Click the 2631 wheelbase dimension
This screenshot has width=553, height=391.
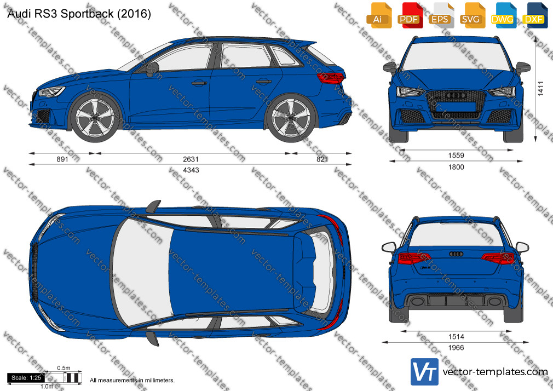click(191, 159)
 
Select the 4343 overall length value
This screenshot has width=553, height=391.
click(191, 170)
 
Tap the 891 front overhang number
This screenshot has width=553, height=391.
click(62, 159)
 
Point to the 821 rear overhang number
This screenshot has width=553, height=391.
click(322, 159)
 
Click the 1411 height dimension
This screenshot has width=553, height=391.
click(540, 89)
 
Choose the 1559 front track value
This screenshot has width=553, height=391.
click(456, 156)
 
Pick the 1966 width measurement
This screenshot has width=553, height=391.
click(456, 348)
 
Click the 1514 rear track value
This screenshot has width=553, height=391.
click(456, 337)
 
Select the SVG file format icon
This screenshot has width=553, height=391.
click(471, 15)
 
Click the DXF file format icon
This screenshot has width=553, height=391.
click(534, 15)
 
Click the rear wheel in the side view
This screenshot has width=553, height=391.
click(291, 118)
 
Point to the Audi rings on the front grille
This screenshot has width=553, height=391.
click(457, 95)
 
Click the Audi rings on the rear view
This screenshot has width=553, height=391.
click(456, 254)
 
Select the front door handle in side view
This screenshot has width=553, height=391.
click(199, 83)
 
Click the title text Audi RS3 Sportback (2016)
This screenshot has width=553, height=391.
click(79, 14)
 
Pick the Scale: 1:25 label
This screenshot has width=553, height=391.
click(26, 378)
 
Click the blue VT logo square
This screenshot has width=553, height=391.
click(425, 372)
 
